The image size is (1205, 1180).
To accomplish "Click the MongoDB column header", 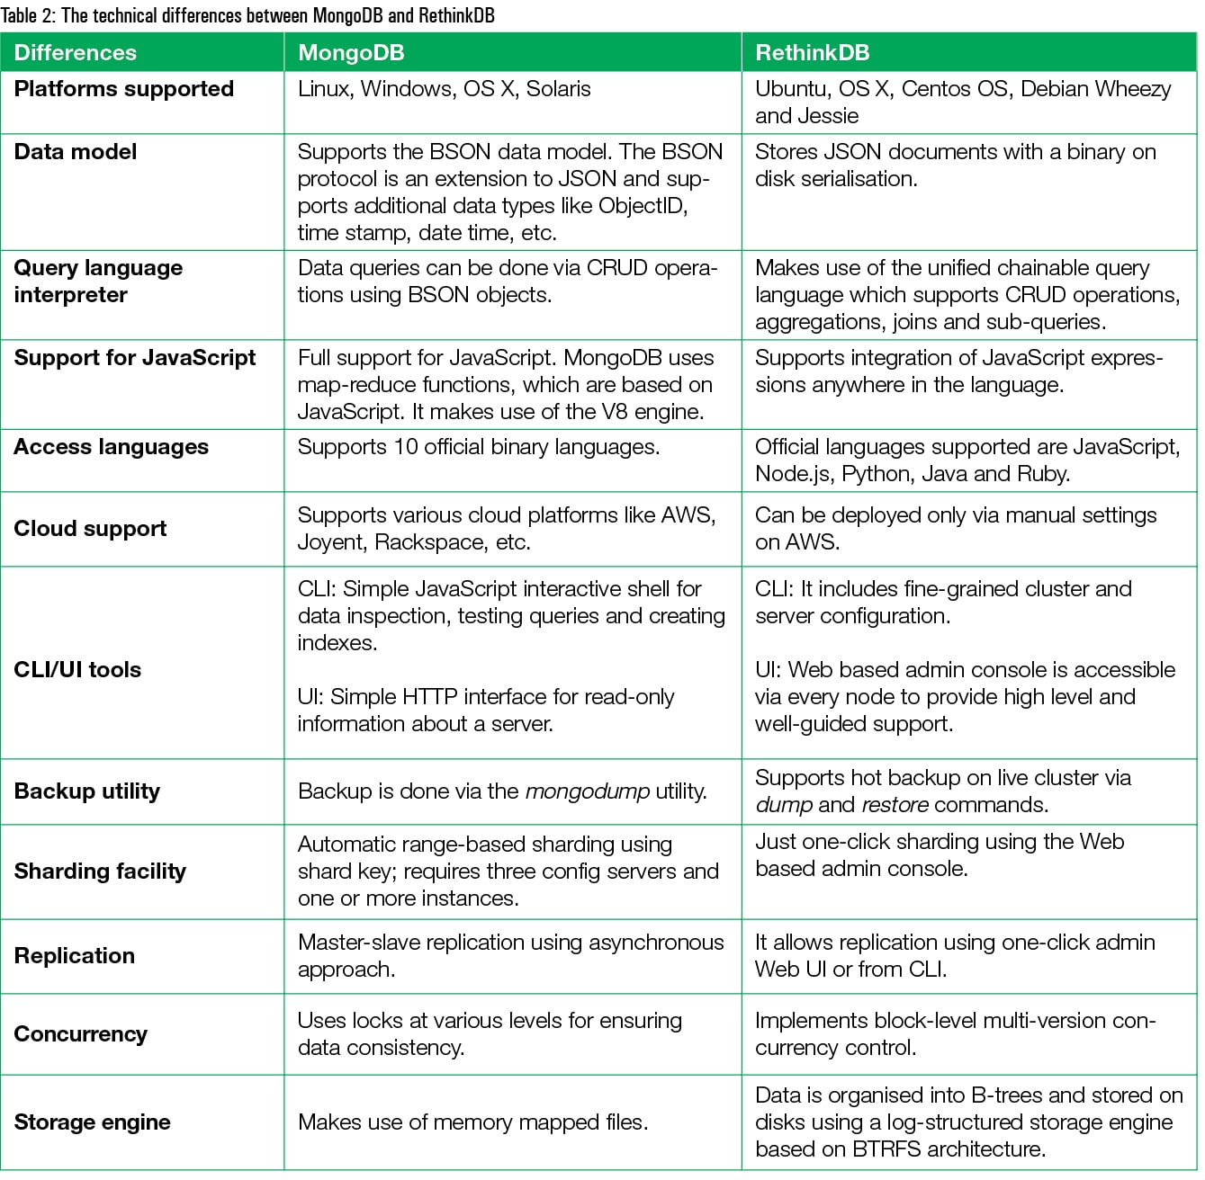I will tap(351, 53).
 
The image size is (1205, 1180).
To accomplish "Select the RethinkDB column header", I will tap(812, 53).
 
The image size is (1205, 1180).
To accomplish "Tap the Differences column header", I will tap(76, 53).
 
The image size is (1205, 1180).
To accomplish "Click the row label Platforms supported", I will tap(124, 89).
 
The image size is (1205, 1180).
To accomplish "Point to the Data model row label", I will tap(76, 152).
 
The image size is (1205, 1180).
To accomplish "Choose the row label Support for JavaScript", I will tap(135, 358).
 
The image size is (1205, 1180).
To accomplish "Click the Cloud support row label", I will tap(90, 529).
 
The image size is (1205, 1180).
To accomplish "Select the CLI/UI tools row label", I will tap(77, 670).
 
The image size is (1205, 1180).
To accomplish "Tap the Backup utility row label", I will tap(87, 791).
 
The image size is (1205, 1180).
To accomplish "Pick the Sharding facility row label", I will tap(100, 872).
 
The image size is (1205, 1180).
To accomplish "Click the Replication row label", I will tap(75, 956).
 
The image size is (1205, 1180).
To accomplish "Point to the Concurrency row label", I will tap(81, 1034).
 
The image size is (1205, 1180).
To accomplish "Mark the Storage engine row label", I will tap(93, 1122).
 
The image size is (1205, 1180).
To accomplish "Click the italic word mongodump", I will tap(587, 791).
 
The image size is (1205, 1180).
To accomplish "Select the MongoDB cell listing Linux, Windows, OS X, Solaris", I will tap(445, 89).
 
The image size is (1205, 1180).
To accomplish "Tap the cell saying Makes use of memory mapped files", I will tap(472, 1122).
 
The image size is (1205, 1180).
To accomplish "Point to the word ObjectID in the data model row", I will tap(643, 206).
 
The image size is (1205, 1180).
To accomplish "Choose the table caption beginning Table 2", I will tap(247, 15).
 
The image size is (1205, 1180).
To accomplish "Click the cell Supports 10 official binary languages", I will tap(479, 447).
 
